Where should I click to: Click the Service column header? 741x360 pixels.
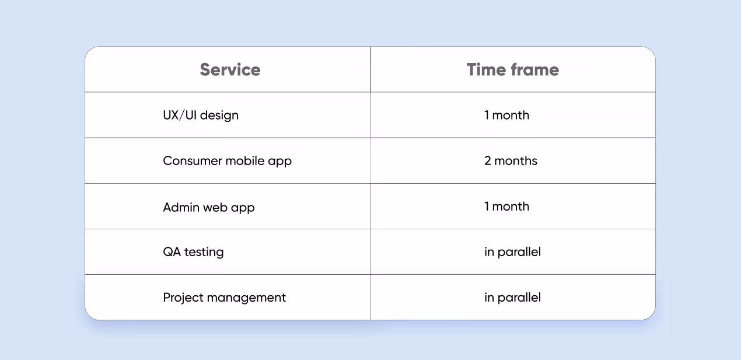[230, 69]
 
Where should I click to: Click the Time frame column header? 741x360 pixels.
[512, 69]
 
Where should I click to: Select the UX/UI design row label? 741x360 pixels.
[201, 115]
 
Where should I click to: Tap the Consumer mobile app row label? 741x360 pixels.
[227, 160]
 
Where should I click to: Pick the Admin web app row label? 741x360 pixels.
[209, 207]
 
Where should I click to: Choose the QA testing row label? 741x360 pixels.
[193, 252]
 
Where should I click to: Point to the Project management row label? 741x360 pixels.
[225, 298]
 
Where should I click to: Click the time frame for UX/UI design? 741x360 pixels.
[506, 115]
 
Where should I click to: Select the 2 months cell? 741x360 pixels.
[511, 160]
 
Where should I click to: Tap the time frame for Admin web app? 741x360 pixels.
[506, 207]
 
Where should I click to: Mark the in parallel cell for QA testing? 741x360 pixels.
[512, 252]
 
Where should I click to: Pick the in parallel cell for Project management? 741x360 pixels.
[512, 298]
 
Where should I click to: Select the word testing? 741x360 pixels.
[204, 252]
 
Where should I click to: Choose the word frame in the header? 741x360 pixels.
[535, 69]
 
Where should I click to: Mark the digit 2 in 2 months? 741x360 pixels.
[488, 160]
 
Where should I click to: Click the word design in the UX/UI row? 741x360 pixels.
[219, 116]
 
